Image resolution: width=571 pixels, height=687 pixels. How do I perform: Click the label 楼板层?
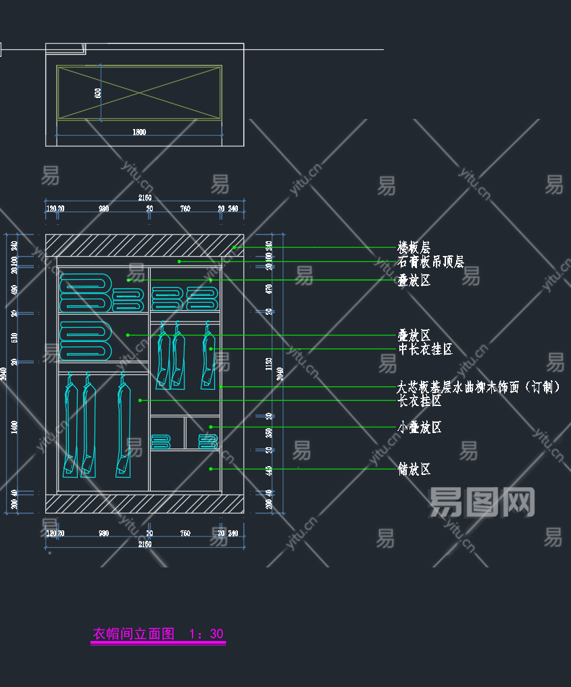[x=414, y=247]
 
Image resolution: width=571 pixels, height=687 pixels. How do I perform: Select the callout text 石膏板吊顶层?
[x=430, y=261]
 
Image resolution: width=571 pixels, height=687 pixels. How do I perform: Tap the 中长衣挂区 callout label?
[x=425, y=349]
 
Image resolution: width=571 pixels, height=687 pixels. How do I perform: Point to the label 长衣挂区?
[x=420, y=401]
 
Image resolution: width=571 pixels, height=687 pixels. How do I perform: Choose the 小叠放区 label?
[x=420, y=427]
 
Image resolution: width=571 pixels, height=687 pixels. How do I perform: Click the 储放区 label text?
[x=414, y=469]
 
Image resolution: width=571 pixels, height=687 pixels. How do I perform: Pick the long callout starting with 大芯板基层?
[x=478, y=387]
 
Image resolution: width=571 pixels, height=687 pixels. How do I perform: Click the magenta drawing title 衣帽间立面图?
[x=133, y=634]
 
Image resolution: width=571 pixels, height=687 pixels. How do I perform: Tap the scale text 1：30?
[x=206, y=634]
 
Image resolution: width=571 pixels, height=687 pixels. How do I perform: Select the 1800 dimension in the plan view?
[x=139, y=132]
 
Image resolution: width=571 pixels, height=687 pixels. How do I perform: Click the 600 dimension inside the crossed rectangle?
[x=98, y=93]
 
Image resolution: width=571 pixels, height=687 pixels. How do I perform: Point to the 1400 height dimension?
[x=14, y=426]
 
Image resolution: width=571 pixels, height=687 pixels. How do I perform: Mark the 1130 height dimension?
[x=269, y=365]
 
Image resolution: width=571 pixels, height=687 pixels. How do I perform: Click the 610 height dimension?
[x=14, y=337]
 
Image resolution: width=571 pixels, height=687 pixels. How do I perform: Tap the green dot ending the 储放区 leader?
[x=211, y=469]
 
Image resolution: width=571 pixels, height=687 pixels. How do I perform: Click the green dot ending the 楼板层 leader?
[x=234, y=247]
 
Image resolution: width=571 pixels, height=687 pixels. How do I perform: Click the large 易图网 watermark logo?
[x=482, y=503]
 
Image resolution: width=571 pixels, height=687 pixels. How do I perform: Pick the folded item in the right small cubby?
[x=208, y=441]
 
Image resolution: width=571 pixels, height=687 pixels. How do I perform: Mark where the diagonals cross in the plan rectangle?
[x=139, y=93]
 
